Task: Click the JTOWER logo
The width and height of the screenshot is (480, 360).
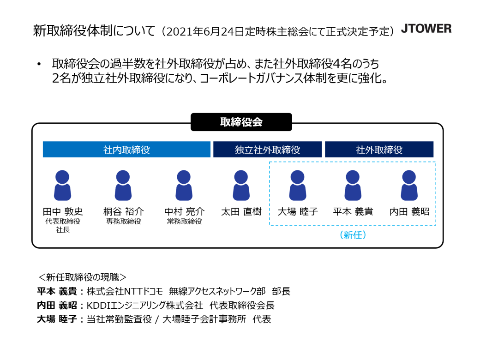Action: click(426, 29)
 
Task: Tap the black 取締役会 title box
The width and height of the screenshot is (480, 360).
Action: click(241, 122)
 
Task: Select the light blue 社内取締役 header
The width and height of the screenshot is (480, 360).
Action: click(126, 150)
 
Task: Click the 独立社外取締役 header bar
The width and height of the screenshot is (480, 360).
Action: click(267, 150)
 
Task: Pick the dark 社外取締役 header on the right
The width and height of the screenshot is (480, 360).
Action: click(379, 150)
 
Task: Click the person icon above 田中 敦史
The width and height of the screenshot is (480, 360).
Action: click(62, 186)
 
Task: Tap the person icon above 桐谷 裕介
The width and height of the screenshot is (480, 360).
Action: click(123, 186)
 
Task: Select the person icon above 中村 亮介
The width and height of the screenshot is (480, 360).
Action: click(184, 186)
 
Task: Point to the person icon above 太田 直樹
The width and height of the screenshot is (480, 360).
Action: click(241, 186)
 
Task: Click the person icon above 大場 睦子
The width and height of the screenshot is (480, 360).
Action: click(298, 186)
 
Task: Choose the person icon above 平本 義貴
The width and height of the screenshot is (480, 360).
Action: click(353, 186)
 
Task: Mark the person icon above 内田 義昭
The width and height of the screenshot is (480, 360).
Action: click(409, 186)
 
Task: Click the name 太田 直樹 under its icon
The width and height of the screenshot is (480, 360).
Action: click(241, 211)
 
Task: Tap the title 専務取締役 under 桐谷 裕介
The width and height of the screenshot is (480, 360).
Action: click(123, 222)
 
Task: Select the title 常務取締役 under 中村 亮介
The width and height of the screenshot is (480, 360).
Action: click(184, 222)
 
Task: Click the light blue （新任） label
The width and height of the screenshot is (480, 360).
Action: click(353, 235)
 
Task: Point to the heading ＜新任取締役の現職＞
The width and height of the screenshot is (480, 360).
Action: click(82, 277)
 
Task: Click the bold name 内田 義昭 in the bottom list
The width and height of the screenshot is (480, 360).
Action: click(57, 305)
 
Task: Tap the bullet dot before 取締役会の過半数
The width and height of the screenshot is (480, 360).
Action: click(39, 64)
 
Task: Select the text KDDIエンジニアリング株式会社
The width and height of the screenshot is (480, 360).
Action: click(145, 305)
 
